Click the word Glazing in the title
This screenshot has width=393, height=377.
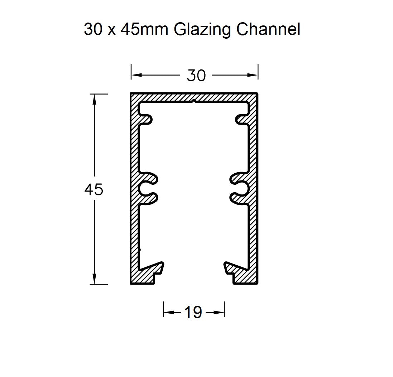(203, 30)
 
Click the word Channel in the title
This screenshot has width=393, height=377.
(268, 29)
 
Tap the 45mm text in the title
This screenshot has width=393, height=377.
(144, 29)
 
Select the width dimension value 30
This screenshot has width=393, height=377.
(196, 76)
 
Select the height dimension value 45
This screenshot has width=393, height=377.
(94, 190)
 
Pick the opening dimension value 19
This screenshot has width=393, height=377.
(193, 313)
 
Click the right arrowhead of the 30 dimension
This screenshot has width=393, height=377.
(253, 75)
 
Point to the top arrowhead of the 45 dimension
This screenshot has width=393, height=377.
(95, 99)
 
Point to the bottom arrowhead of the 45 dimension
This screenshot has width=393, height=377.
(95, 279)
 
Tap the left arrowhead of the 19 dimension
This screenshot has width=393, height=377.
(168, 313)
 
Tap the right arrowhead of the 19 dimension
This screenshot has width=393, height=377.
(220, 313)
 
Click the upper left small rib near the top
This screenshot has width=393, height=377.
(146, 120)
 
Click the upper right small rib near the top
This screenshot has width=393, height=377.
(241, 120)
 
